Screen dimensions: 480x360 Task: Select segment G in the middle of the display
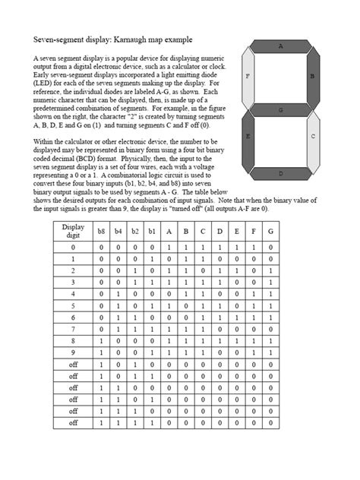281,110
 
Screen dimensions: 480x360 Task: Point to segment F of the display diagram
248,78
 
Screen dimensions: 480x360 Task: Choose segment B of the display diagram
313,78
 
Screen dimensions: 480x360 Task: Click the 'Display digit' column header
74,232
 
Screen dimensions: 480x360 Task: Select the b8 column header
101,232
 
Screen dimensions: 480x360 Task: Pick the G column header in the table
270,232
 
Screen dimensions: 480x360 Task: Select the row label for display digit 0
74,248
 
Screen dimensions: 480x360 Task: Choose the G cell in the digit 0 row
270,248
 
